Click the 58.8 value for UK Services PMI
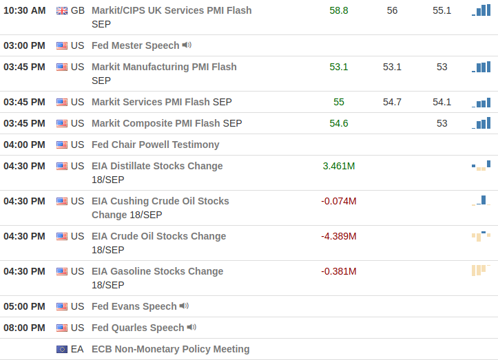[x=339, y=10]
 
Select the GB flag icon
[x=62, y=10]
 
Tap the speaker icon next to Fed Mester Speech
[x=187, y=45]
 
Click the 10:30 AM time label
[x=25, y=10]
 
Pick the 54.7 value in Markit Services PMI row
[x=392, y=102]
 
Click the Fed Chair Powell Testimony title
[x=155, y=145]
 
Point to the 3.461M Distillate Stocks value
[x=339, y=166]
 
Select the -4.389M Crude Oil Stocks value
[x=339, y=236]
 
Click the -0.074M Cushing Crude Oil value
[x=339, y=201]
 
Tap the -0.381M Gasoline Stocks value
[x=339, y=271]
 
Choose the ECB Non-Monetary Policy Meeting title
[x=170, y=349]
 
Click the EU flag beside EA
[x=62, y=349]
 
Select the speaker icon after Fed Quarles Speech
[x=191, y=328]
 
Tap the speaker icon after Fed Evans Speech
[x=184, y=306]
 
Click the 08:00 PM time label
[x=25, y=328]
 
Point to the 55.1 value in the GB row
[x=442, y=10]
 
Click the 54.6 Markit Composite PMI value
[x=339, y=123]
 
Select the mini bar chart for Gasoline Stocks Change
[x=481, y=270]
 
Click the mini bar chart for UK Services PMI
[x=481, y=10]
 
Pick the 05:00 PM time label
[x=25, y=306]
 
